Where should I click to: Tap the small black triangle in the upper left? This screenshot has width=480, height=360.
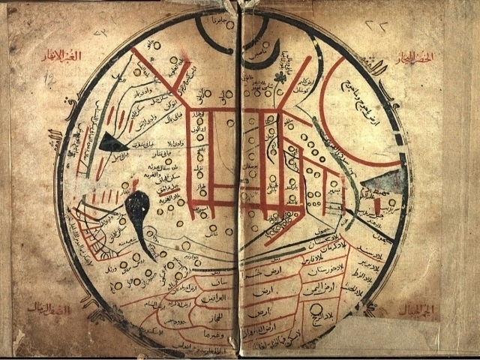[112, 142]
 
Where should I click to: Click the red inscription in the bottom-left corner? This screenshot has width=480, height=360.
[48, 308]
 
